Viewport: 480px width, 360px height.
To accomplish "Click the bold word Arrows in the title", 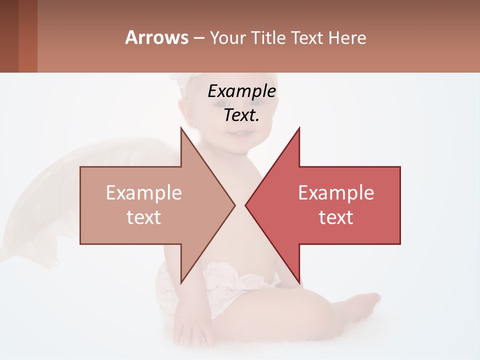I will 156,37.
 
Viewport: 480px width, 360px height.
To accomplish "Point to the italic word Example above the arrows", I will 241,91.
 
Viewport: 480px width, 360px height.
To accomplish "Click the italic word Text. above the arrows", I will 241,115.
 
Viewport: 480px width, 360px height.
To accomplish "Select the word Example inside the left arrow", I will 143,193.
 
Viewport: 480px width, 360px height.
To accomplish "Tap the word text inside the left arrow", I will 143,217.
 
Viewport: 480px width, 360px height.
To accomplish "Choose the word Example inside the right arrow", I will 336,193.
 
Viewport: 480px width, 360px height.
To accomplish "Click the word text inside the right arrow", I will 336,217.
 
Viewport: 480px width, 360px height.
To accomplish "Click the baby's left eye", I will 220,104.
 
